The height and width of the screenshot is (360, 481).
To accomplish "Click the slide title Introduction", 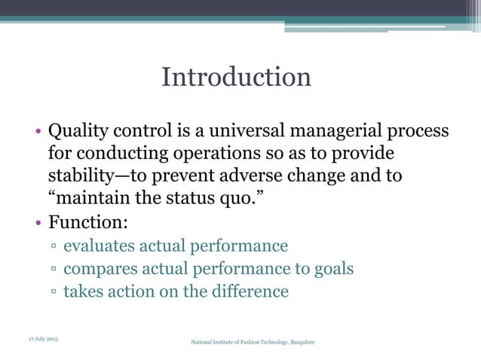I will [x=236, y=77].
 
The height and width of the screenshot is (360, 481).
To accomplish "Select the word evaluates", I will [x=100, y=246].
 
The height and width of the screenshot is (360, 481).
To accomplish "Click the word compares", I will [x=99, y=269].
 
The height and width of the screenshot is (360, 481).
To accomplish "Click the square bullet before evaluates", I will [x=55, y=247].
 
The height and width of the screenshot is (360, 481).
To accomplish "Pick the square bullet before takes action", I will [x=55, y=292].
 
